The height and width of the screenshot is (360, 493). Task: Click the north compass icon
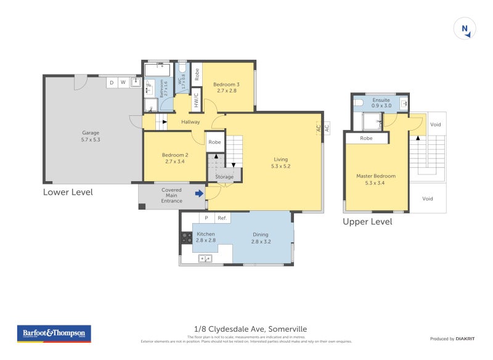pos(465,28)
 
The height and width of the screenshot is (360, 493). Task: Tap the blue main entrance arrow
pos(199,194)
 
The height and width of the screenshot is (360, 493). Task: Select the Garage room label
pos(91,133)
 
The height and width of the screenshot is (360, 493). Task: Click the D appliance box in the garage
pos(112,82)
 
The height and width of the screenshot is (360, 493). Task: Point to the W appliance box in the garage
pos(123,82)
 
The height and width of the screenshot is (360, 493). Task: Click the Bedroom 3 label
pos(226,84)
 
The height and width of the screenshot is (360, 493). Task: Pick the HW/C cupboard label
pos(196,99)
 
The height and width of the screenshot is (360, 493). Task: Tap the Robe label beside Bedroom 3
pos(197,75)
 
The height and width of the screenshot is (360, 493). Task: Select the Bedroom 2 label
pos(174,155)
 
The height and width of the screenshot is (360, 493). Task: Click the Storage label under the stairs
pos(224,177)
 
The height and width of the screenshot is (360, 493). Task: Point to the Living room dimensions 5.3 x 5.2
pos(280,166)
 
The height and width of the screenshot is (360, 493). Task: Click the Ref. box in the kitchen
pos(222,218)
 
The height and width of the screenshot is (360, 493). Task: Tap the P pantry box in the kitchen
pos(206,218)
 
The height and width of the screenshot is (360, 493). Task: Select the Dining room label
pos(261,234)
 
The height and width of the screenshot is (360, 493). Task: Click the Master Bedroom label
pos(376,176)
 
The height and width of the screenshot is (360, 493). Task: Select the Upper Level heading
pos(367,222)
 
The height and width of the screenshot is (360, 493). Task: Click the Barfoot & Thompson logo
pos(53,333)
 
